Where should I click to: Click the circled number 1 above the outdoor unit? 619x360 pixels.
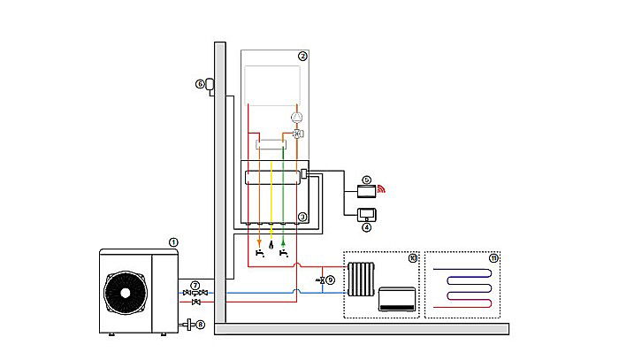tap(173, 241)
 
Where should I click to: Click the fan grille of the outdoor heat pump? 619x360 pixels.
tap(124, 291)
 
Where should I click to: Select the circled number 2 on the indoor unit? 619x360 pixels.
tap(302, 56)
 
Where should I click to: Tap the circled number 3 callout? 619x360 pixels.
tap(302, 217)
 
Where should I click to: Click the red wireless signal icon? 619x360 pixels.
tap(383, 188)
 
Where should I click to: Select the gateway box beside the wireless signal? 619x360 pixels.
tap(365, 189)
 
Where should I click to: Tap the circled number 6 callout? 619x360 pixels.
tap(201, 84)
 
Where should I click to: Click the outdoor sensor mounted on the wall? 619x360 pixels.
tap(212, 85)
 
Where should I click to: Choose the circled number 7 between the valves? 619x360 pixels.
tap(195, 284)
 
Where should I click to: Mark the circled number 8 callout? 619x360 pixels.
tap(201, 325)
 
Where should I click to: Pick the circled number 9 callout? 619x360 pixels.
tap(330, 280)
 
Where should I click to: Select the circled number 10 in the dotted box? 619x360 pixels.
tap(412, 258)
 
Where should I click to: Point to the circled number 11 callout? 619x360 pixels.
tap(493, 258)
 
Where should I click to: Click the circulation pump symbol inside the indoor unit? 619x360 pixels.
tap(298, 116)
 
